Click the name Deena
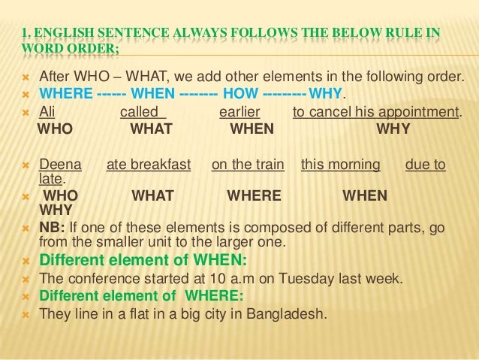tap(56, 165)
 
